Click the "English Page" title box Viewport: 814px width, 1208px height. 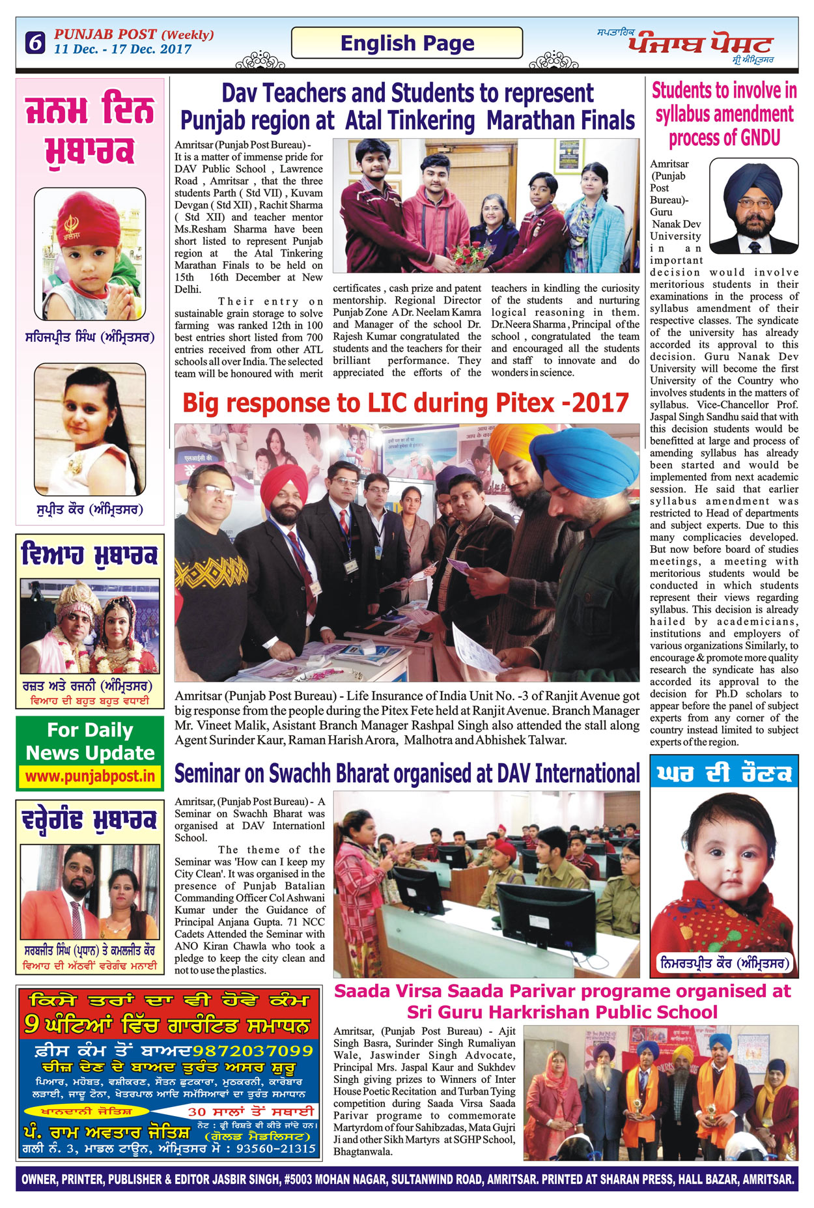click(x=407, y=43)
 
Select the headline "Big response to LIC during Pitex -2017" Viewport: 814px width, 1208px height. click(x=406, y=403)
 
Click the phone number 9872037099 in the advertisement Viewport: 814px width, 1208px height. click(x=253, y=1050)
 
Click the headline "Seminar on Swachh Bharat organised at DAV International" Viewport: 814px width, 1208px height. click(x=407, y=774)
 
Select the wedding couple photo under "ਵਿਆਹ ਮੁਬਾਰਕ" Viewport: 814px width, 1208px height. click(x=90, y=626)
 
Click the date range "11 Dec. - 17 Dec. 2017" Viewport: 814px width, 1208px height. click(x=122, y=49)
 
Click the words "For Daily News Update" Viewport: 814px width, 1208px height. click(x=90, y=741)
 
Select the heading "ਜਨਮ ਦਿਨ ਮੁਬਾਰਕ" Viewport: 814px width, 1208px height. click(x=90, y=129)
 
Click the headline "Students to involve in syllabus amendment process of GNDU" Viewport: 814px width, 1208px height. click(x=724, y=114)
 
